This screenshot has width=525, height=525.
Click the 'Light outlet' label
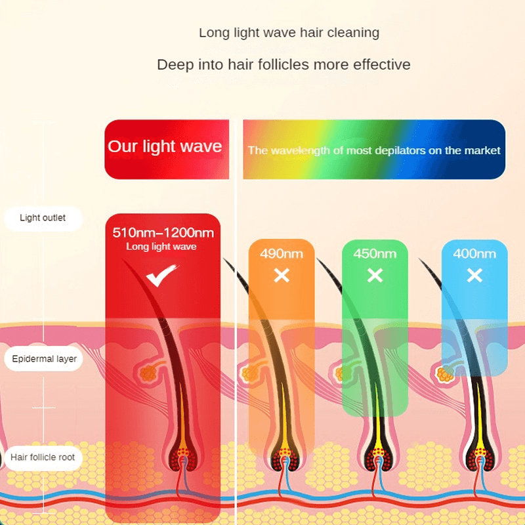[x=43, y=218]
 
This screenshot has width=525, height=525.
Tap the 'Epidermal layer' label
[x=44, y=359]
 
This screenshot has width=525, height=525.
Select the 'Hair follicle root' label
[x=43, y=457]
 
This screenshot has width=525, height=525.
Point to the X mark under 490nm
[x=282, y=276]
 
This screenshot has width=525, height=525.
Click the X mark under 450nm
[x=375, y=276]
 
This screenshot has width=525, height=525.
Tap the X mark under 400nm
[x=474, y=276]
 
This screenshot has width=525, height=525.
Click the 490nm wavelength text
[x=282, y=253]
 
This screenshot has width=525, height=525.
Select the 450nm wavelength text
[x=375, y=253]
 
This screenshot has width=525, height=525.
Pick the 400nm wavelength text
[x=474, y=253]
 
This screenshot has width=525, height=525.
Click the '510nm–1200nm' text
[x=163, y=232]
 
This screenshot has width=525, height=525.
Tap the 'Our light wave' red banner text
[x=165, y=146]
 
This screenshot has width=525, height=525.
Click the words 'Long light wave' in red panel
[x=161, y=247]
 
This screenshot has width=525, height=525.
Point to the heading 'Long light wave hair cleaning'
[x=289, y=32]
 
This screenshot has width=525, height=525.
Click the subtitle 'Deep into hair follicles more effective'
[x=283, y=64]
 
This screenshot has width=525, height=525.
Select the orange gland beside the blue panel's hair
[x=446, y=375]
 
